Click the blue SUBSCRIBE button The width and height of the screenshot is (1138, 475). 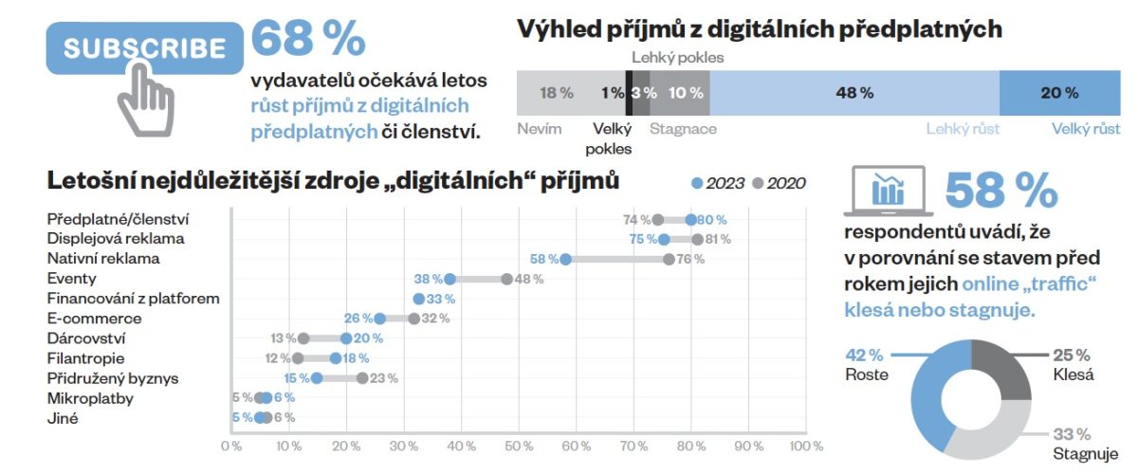click(144, 48)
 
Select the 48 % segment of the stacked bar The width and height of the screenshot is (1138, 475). click(853, 93)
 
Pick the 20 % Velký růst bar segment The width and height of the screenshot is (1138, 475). click(1059, 93)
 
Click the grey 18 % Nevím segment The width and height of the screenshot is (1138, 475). click(556, 93)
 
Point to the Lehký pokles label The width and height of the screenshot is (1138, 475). click(677, 58)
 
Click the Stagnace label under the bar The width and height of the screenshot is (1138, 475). click(683, 129)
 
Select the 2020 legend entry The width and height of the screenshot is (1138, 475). click(780, 183)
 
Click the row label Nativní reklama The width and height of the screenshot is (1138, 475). click(103, 258)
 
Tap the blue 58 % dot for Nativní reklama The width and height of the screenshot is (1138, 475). click(565, 259)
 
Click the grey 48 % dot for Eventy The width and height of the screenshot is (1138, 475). click(507, 279)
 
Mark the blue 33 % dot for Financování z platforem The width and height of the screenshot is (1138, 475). click(419, 299)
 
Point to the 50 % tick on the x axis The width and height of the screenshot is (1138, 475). click(519, 446)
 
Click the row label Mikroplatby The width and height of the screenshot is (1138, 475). click(90, 398)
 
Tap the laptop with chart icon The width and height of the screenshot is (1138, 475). click(887, 189)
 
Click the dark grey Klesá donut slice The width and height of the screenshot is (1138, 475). click(1005, 375)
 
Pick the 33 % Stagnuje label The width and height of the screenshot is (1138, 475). click(1072, 442)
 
